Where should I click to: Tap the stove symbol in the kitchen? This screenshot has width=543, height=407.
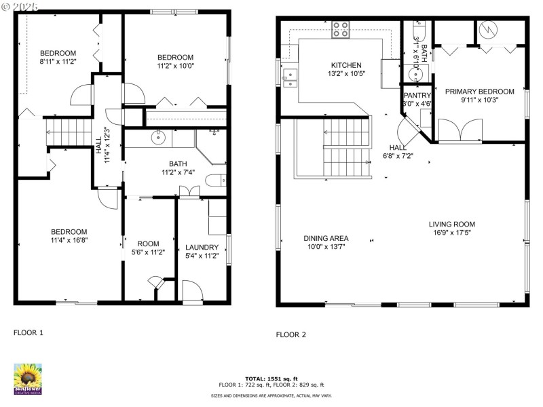(341, 30)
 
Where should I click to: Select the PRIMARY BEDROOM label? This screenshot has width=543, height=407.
(479, 92)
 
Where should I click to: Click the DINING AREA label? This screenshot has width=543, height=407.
(326, 238)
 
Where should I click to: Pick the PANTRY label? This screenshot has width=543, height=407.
(417, 96)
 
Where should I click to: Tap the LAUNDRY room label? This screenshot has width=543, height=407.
(202, 247)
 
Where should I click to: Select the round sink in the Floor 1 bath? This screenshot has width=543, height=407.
(158, 138)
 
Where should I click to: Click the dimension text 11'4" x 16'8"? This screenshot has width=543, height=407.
(69, 239)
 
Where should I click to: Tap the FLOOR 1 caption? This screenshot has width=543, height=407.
(29, 333)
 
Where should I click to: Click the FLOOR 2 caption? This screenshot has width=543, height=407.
(291, 334)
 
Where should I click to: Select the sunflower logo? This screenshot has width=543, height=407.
(28, 378)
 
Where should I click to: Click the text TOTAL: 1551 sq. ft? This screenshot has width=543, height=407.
(271, 379)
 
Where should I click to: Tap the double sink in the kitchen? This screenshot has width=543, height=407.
(289, 78)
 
